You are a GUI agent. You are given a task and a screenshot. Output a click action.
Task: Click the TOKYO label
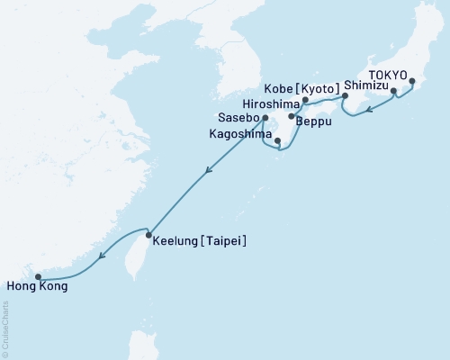pos(389,76)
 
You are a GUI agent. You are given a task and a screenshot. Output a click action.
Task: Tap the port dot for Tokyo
pos(411,82)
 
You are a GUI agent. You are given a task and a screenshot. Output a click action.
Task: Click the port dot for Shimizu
pos(393,91)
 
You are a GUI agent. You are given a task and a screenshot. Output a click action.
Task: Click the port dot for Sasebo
pos(265,117)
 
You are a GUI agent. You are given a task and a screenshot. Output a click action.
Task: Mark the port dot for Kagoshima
pos(278,141)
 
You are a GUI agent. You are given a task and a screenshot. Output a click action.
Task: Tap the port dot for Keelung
pos(149,236)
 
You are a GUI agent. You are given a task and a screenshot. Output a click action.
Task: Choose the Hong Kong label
pos(35,288)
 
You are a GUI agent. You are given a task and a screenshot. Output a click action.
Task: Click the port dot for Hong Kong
pos(38,277)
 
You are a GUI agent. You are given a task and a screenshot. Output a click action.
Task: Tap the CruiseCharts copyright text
pos(4,329)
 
